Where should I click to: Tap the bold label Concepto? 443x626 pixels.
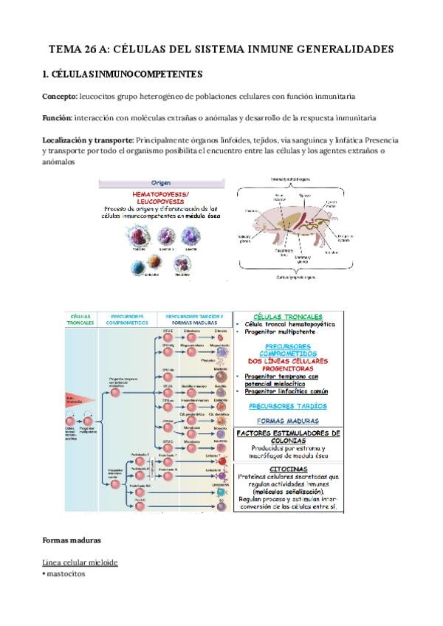[x=63, y=97]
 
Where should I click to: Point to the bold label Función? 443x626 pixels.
[x=61, y=118]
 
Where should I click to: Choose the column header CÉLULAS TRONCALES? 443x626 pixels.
[x=81, y=318]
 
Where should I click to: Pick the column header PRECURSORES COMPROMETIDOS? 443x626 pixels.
[x=127, y=318]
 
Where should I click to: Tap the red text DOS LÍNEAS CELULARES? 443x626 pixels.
[x=288, y=360]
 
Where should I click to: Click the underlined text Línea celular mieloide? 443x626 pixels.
[x=79, y=563]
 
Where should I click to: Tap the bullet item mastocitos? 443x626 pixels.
[x=66, y=573]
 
